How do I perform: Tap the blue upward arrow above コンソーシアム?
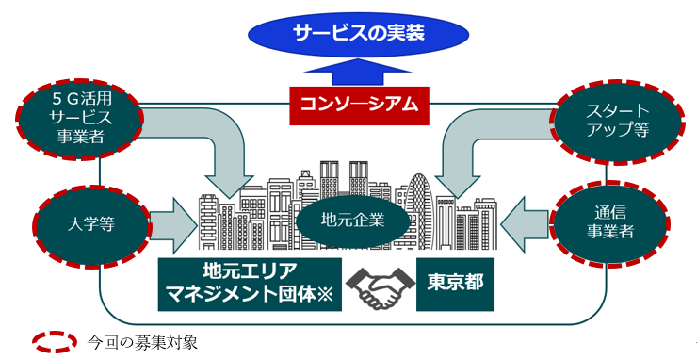click(x=358, y=72)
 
